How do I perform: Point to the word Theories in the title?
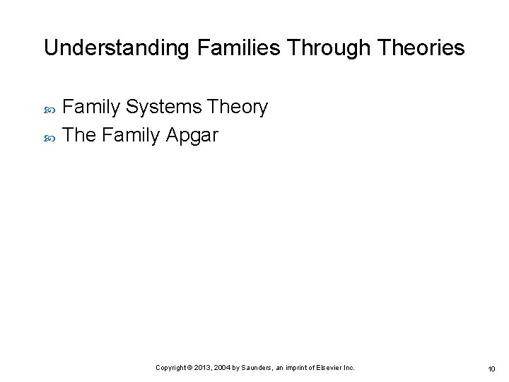pyautogui.click(x=421, y=48)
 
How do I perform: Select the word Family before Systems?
pyautogui.click(x=92, y=108)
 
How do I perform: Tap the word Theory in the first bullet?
pyautogui.click(x=238, y=108)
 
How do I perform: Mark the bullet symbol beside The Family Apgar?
pyautogui.click(x=49, y=136)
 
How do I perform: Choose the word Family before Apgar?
pyautogui.click(x=131, y=134)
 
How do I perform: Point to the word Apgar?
pyautogui.click(x=192, y=134)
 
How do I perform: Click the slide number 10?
pyautogui.click(x=491, y=369)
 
